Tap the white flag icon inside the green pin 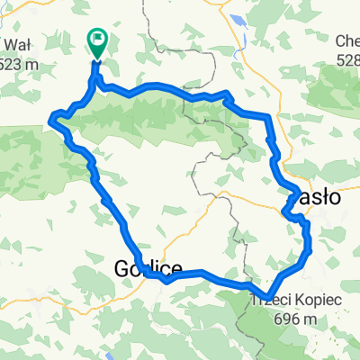pos(96,39)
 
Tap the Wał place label pos(15,45)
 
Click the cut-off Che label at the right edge pos(347,41)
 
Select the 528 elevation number pos(349,59)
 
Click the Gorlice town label pos(148,268)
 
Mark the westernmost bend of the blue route pos(53,117)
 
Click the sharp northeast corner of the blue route pos(268,116)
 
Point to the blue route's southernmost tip pos(266,291)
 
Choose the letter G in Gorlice pos(123,268)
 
